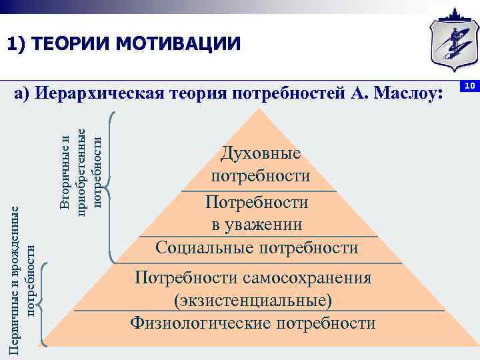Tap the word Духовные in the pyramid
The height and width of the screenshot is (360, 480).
(261, 153)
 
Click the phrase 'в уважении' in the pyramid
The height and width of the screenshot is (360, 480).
(257, 224)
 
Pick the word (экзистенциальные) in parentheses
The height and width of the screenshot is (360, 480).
(253, 300)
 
